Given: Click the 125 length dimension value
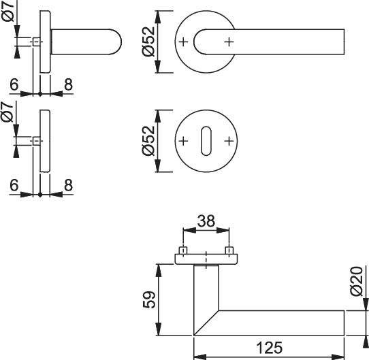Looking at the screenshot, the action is tap(269, 348).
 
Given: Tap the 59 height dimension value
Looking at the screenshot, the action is tap(149, 299).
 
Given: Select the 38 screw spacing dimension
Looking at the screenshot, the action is tap(206, 221).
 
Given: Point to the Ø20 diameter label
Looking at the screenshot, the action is tap(356, 281).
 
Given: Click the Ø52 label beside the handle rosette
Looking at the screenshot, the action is tap(148, 42).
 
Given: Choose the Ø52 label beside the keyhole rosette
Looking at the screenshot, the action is tap(148, 141).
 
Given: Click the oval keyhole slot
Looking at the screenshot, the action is tap(206, 141).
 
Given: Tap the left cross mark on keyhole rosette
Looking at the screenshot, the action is tap(183, 141).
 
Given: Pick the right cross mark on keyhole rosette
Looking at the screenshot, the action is tap(229, 141).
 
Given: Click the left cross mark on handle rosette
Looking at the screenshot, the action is tap(183, 42).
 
